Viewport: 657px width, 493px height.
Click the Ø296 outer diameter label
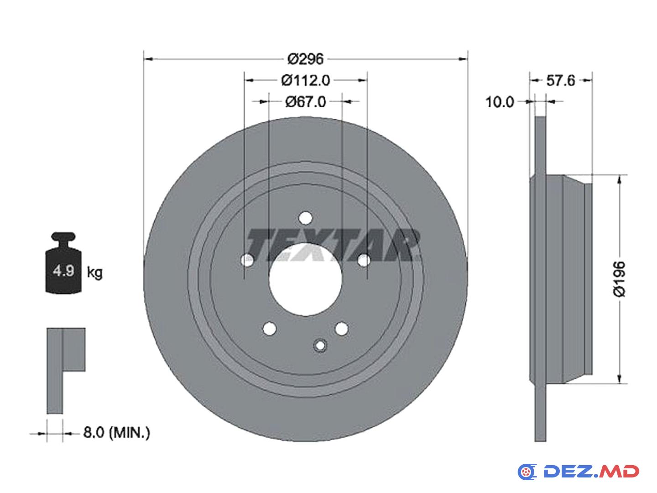coord(305,59)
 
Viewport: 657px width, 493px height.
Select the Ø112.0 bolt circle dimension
coord(305,80)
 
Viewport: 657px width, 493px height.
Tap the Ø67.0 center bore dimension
coord(305,102)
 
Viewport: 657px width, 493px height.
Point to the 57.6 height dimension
coord(560,80)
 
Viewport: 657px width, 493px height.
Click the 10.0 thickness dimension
coord(500,102)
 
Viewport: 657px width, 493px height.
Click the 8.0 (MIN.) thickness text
coord(116,433)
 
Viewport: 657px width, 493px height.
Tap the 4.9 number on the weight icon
coord(63,271)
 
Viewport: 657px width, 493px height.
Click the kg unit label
coord(94,273)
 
